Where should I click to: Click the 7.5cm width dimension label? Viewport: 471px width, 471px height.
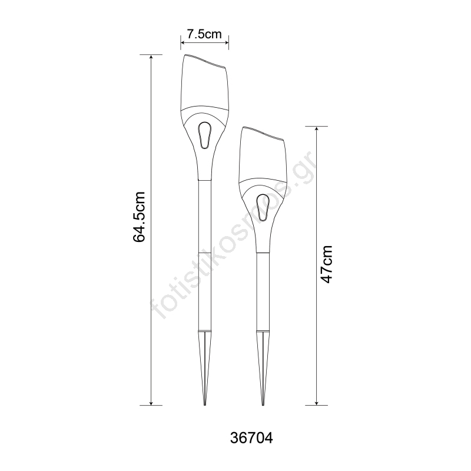pyautogui.click(x=204, y=34)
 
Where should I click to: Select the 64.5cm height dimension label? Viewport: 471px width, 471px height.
pyautogui.click(x=139, y=216)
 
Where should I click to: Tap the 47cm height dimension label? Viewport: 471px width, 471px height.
pyautogui.click(x=327, y=264)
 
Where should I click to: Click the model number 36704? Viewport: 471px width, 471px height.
pyautogui.click(x=251, y=438)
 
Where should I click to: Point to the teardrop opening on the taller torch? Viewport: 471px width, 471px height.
pyautogui.click(x=205, y=135)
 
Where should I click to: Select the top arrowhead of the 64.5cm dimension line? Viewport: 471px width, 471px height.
pyautogui.click(x=151, y=57)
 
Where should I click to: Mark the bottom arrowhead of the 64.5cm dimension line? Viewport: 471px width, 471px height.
pyautogui.click(x=151, y=403)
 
